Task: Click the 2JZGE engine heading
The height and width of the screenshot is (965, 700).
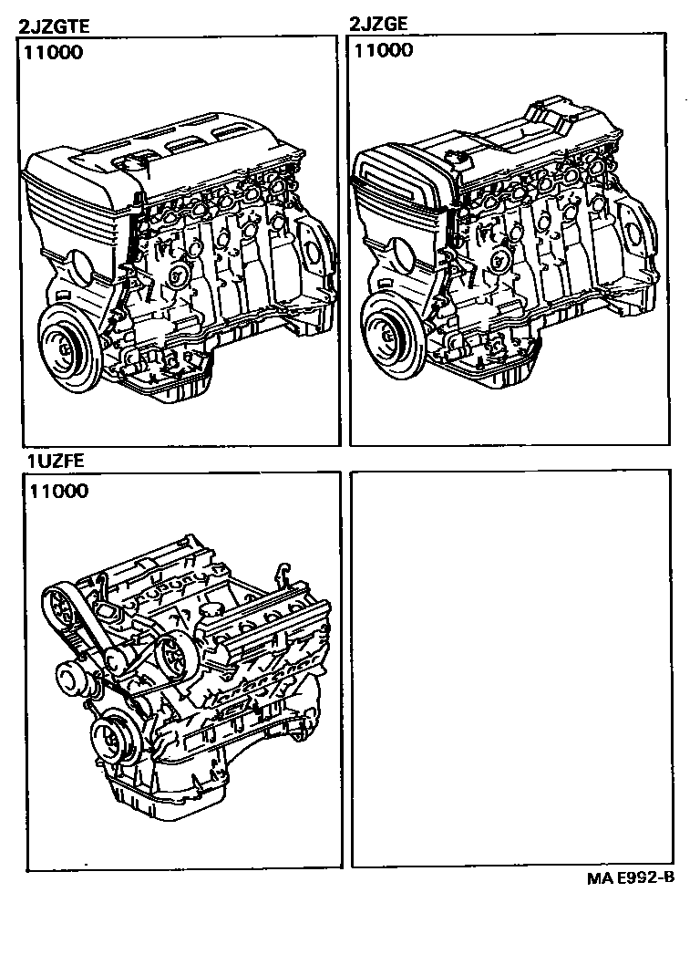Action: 381,26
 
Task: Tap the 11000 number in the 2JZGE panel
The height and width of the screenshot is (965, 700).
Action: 384,51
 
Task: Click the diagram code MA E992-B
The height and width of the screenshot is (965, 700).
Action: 630,878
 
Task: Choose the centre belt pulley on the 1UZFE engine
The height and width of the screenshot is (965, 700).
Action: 171,652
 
